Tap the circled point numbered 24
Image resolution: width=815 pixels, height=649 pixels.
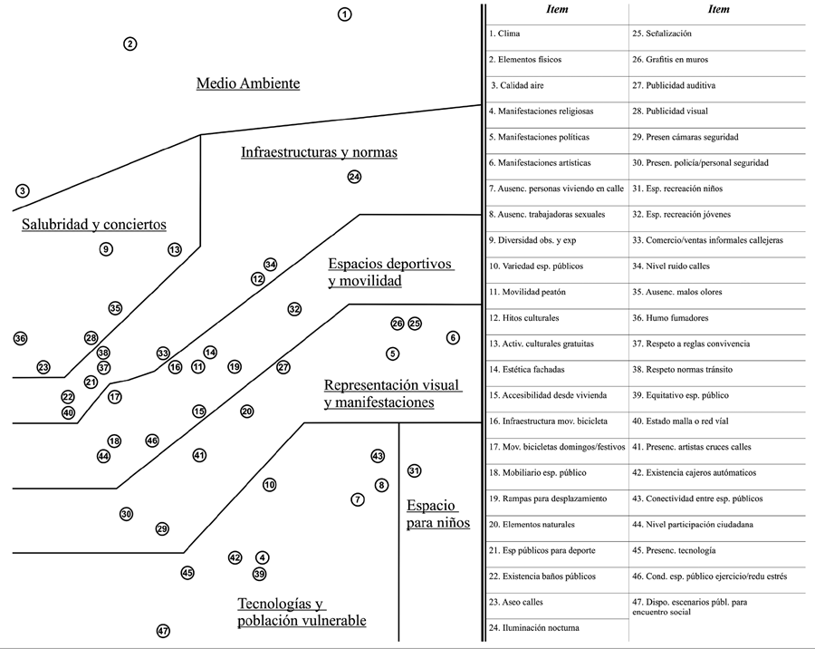click(354, 177)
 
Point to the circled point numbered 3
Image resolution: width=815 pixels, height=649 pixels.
click(23, 190)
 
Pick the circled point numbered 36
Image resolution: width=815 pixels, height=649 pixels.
click(21, 338)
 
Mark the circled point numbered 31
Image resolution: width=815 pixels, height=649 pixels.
click(414, 470)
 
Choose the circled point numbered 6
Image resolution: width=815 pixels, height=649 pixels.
click(453, 338)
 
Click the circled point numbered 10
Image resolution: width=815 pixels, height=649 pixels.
click(269, 485)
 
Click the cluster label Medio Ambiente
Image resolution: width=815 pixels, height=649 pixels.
click(248, 83)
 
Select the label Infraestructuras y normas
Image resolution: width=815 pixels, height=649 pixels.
click(319, 152)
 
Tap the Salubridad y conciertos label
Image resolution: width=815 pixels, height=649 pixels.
click(94, 225)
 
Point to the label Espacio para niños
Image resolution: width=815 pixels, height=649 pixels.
click(438, 513)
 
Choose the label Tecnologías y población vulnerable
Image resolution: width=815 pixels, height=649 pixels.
click(302, 612)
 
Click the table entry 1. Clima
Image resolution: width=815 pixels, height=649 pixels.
click(504, 34)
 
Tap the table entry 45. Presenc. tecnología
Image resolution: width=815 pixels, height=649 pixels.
click(674, 550)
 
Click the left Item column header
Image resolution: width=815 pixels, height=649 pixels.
click(557, 10)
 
